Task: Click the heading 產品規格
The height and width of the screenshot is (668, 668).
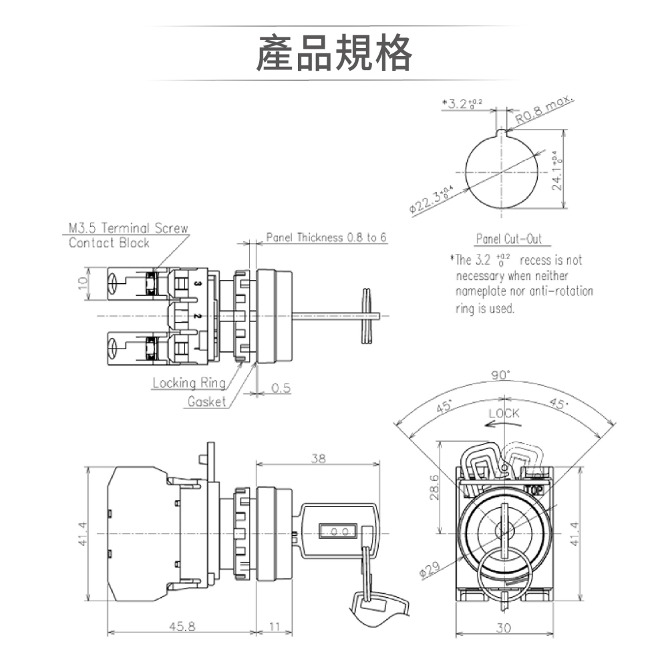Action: point(334,53)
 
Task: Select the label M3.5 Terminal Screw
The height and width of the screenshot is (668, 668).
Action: point(128,228)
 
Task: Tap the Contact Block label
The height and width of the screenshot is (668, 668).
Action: point(109,243)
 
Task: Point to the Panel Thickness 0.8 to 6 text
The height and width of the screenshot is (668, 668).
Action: point(326,238)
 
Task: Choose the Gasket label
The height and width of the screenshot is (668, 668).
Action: point(206,401)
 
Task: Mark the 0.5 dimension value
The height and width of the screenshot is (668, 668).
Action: point(281,388)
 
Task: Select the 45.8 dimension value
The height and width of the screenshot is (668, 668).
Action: point(182,627)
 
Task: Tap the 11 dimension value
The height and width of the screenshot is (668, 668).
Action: point(275,627)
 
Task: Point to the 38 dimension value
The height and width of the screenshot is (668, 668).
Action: point(319,459)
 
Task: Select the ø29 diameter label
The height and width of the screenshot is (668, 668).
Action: point(430,570)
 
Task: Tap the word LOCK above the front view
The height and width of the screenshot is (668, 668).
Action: point(504,413)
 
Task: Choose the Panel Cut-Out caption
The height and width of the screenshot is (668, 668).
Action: point(508,239)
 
